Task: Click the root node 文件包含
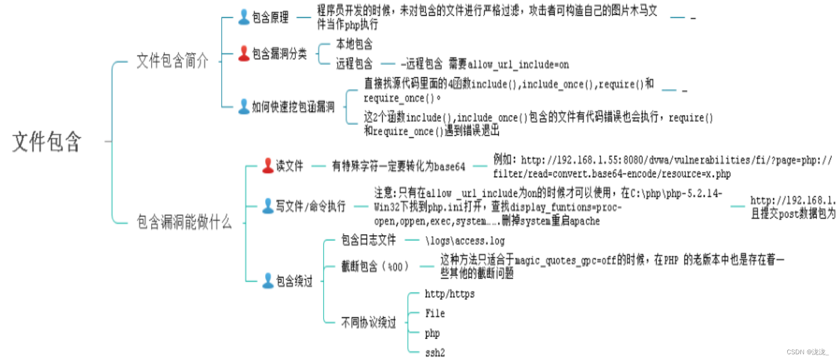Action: click(x=47, y=142)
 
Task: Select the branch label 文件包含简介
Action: click(x=172, y=61)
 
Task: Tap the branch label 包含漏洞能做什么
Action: click(x=184, y=222)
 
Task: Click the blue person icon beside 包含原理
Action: click(x=244, y=17)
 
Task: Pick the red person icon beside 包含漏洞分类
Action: click(x=244, y=53)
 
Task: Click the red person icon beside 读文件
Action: click(x=268, y=166)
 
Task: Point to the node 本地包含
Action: click(x=354, y=44)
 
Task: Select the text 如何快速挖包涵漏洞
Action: click(x=293, y=107)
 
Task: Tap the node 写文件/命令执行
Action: click(x=311, y=206)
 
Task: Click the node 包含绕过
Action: click(x=294, y=281)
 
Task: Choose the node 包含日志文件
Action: click(x=369, y=240)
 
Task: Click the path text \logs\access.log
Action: click(x=465, y=241)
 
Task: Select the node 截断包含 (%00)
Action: click(x=374, y=266)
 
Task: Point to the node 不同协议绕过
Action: click(x=369, y=322)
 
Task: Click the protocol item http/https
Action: click(x=450, y=294)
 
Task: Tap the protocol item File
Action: click(x=435, y=313)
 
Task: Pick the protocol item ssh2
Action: click(x=435, y=353)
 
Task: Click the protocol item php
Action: click(x=432, y=333)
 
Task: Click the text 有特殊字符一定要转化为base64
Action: click(x=398, y=166)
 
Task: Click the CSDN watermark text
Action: click(x=808, y=352)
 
